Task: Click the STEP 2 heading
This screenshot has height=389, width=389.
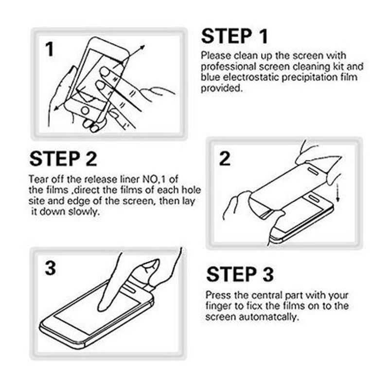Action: [x=63, y=159]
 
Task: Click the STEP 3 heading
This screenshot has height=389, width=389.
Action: [x=240, y=275]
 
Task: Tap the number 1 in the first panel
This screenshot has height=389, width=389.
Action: [x=50, y=49]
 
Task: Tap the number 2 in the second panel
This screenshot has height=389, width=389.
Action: [x=224, y=159]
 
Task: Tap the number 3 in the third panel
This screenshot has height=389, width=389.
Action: [x=50, y=268]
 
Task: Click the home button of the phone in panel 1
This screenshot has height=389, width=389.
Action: [x=86, y=110]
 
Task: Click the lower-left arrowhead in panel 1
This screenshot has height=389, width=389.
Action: [x=54, y=108]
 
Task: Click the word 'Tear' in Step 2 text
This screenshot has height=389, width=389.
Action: [x=38, y=178]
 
